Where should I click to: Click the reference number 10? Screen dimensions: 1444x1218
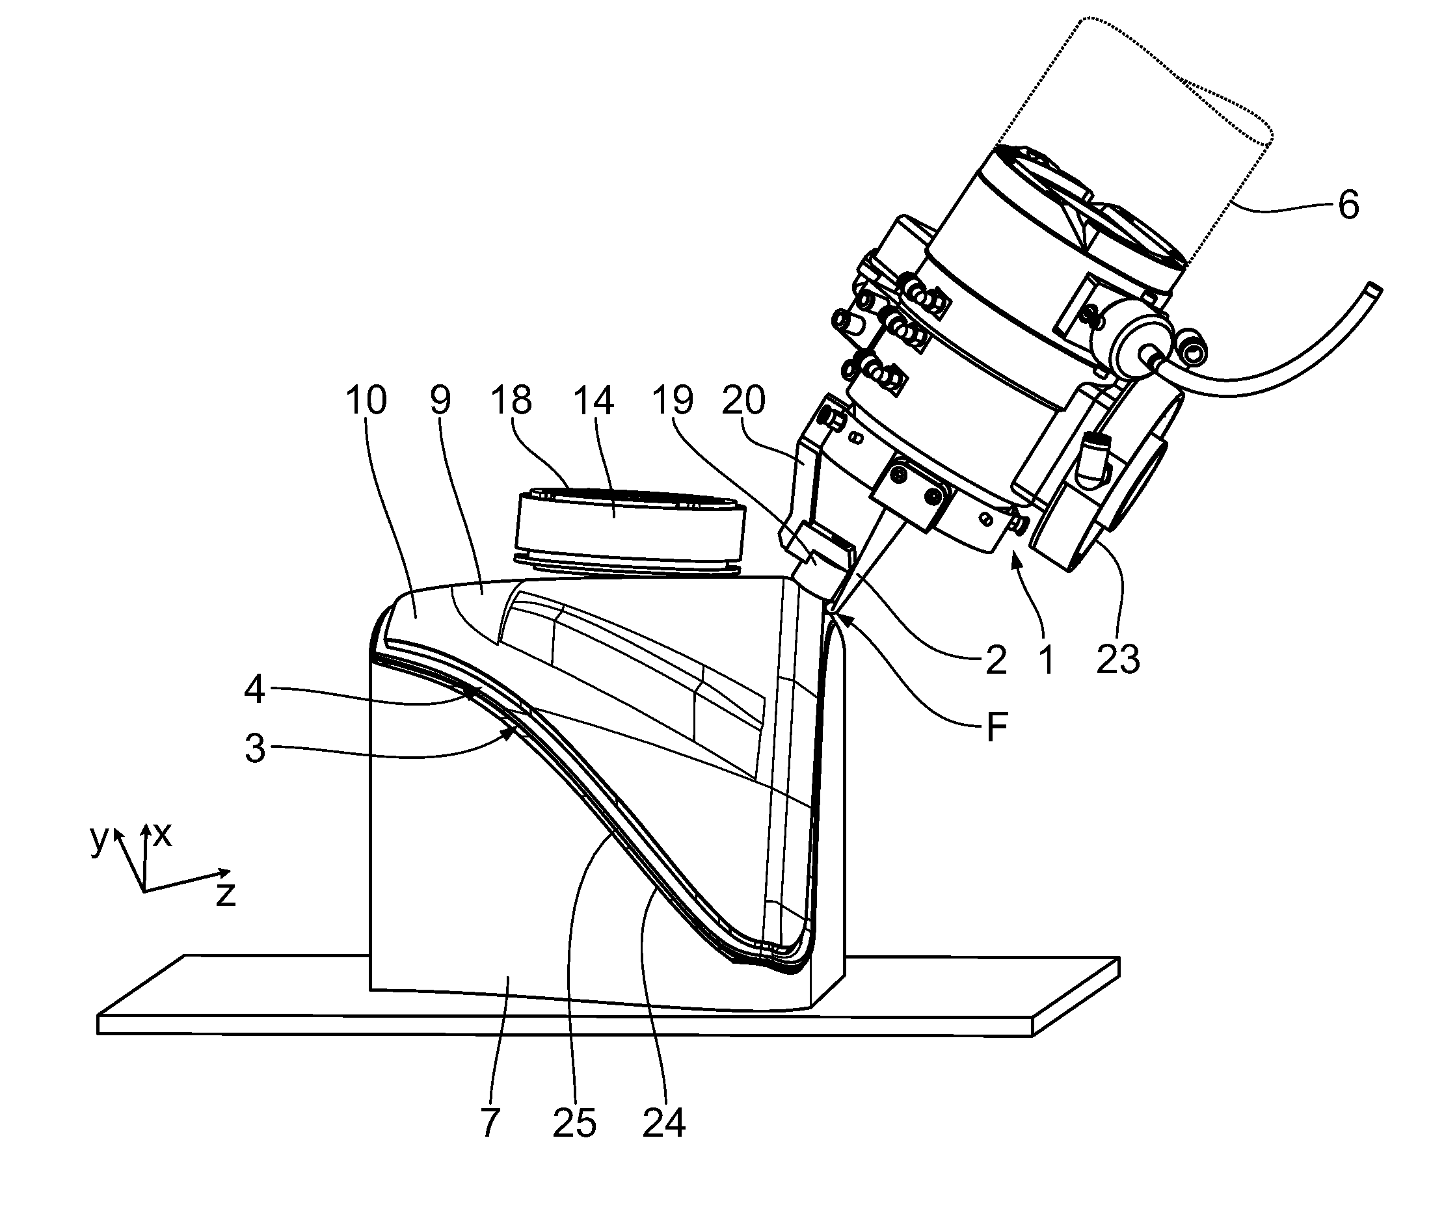pyautogui.click(x=366, y=400)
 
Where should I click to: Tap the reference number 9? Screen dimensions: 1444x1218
pyautogui.click(x=440, y=400)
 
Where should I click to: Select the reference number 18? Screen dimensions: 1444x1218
pyautogui.click(x=511, y=400)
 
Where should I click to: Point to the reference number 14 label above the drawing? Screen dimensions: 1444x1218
pyautogui.click(x=593, y=400)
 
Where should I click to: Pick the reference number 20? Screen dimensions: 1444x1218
pyautogui.click(x=743, y=400)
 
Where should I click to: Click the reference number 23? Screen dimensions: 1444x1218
pyautogui.click(x=1118, y=659)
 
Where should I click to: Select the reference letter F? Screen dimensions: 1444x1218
pyautogui.click(x=996, y=726)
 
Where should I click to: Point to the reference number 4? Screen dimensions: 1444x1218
pyautogui.click(x=254, y=689)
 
